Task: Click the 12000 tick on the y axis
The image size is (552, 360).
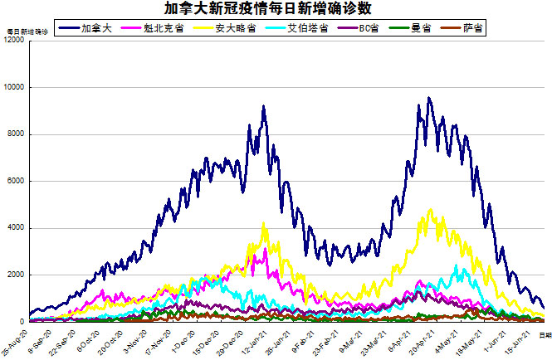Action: (x=15, y=41)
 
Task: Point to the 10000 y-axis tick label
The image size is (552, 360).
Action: (x=15, y=87)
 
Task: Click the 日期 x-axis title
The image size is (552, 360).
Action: (x=544, y=333)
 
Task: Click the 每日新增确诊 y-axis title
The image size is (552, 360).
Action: (x=27, y=31)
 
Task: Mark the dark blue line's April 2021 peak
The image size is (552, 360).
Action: (x=428, y=98)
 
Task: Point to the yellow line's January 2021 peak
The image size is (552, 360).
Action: (x=264, y=222)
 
